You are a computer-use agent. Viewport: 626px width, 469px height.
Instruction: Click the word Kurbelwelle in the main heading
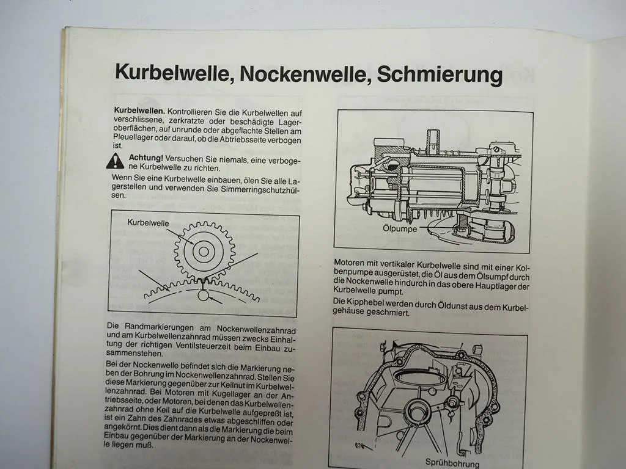click(174, 73)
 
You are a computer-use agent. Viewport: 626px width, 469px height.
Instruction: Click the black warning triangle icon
click(115, 161)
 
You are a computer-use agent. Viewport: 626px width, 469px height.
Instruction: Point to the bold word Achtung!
click(145, 158)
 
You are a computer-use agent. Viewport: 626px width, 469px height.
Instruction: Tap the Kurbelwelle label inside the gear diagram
click(149, 222)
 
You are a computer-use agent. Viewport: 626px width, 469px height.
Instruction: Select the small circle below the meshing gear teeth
click(202, 296)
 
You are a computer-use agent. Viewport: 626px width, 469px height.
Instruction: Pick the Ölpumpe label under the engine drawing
click(400, 229)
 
